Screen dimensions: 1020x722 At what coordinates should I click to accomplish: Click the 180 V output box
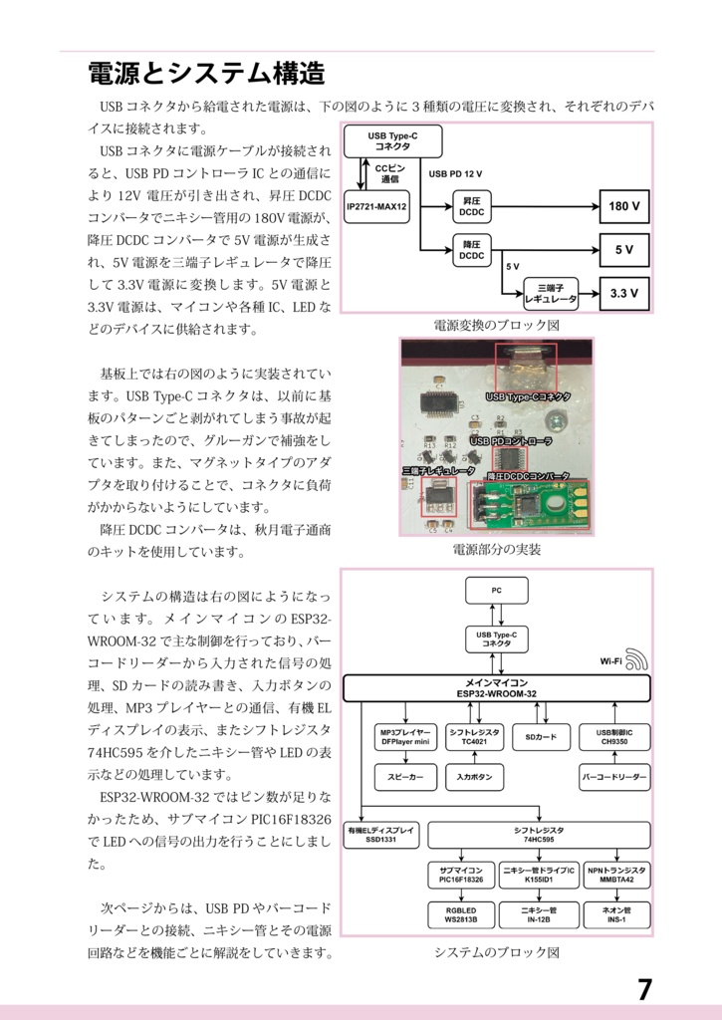(x=623, y=208)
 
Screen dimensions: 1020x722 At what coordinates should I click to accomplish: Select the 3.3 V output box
(x=623, y=293)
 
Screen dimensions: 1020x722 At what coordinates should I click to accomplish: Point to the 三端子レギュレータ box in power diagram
(x=550, y=293)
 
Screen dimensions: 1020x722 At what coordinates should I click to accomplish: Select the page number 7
(x=644, y=989)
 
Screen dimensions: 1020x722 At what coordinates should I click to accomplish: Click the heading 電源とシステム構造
(x=206, y=73)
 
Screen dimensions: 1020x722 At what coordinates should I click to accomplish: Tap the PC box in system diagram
(x=496, y=591)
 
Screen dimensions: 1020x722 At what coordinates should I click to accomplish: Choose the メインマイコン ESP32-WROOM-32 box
(x=496, y=688)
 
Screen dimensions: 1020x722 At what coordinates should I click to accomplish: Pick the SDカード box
(x=541, y=737)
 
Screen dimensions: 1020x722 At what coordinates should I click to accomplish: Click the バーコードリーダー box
(x=613, y=776)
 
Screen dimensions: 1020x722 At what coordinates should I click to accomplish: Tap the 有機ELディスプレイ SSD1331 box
(x=382, y=835)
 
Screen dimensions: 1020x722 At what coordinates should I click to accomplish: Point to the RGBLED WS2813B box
(x=460, y=914)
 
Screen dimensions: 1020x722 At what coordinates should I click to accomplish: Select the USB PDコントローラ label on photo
(x=510, y=440)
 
